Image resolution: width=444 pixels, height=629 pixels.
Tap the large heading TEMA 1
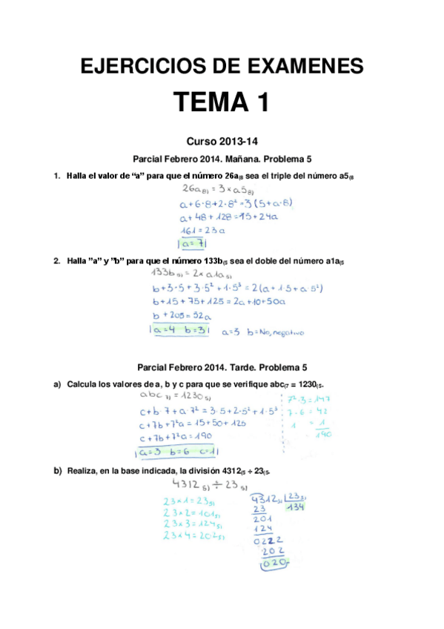click(221, 102)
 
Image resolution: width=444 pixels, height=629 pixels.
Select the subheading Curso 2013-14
click(222, 141)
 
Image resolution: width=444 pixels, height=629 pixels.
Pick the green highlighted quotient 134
click(296, 507)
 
